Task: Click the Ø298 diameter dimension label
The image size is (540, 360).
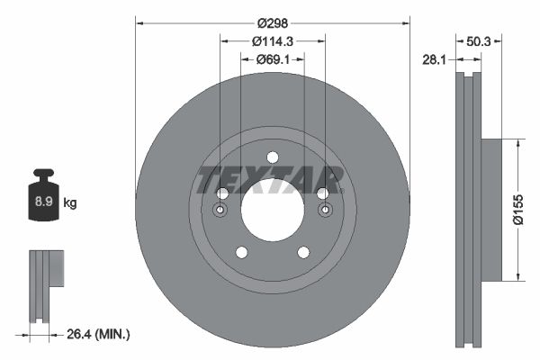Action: tap(272, 22)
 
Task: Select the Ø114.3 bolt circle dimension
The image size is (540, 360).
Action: tap(272, 41)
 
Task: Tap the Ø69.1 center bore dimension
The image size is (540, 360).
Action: tap(272, 59)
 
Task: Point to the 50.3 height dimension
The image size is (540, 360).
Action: tap(480, 41)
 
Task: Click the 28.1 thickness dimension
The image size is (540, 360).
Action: tap(436, 59)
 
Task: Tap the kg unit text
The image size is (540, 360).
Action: tap(70, 203)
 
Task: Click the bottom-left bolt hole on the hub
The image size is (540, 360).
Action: tap(240, 253)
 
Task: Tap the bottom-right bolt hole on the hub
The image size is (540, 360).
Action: tap(303, 253)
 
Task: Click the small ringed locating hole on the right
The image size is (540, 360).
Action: tap(325, 211)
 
